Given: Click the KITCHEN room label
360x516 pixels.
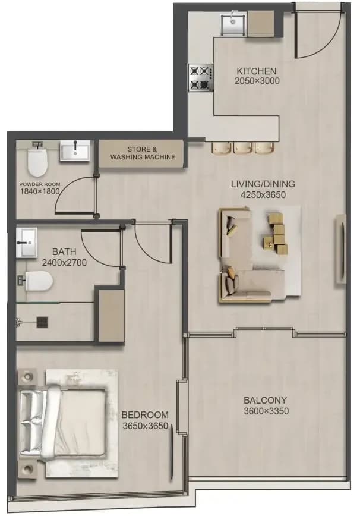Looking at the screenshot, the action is coord(257,71).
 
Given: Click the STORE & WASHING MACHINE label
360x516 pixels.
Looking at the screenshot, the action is coord(143,153).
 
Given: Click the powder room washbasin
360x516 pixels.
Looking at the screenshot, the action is coord(75,151).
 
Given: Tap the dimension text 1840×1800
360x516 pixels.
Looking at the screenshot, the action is coord(40,191).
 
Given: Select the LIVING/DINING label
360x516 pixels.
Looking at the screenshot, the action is coord(263,184).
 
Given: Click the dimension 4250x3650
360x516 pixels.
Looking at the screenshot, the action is coord(263,195).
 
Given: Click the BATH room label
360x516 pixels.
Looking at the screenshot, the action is coord(64,251).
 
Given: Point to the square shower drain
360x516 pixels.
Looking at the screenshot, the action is coord(42,322).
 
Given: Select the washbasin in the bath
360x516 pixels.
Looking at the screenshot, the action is coord(27,243).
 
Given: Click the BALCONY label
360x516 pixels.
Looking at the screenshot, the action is coord(266,401).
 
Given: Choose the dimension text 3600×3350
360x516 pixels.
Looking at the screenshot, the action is coord(266,411).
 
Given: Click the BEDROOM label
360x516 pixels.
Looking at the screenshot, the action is coord(145,415).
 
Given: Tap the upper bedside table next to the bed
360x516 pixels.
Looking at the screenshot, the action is coord(27,376).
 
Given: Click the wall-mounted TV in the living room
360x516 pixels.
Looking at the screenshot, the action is coord(341,250).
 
